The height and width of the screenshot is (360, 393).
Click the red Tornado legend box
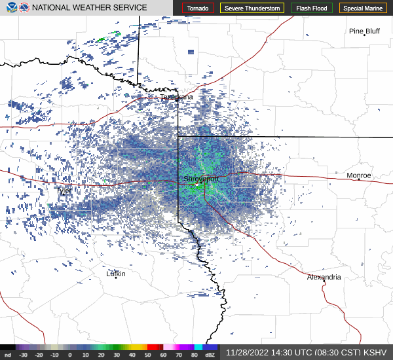pyautogui.click(x=198, y=8)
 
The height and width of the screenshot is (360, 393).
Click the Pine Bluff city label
pyautogui.click(x=364, y=31)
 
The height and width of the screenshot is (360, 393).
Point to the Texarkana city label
pyautogui.click(x=177, y=97)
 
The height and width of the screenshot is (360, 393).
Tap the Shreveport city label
pyautogui.click(x=201, y=178)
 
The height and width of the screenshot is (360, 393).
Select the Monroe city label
pyautogui.click(x=358, y=175)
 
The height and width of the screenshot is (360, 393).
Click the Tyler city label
pyautogui.click(x=64, y=190)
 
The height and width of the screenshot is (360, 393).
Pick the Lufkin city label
pyautogui.click(x=116, y=274)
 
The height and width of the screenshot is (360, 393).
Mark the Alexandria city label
pyautogui.click(x=324, y=278)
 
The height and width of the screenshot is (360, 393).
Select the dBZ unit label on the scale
pyautogui.click(x=210, y=355)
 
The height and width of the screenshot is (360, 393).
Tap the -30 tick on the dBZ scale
pyautogui.click(x=24, y=355)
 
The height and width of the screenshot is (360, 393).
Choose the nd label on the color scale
pyautogui.click(x=7, y=355)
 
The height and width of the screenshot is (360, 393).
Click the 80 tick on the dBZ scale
pyautogui.click(x=195, y=355)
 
